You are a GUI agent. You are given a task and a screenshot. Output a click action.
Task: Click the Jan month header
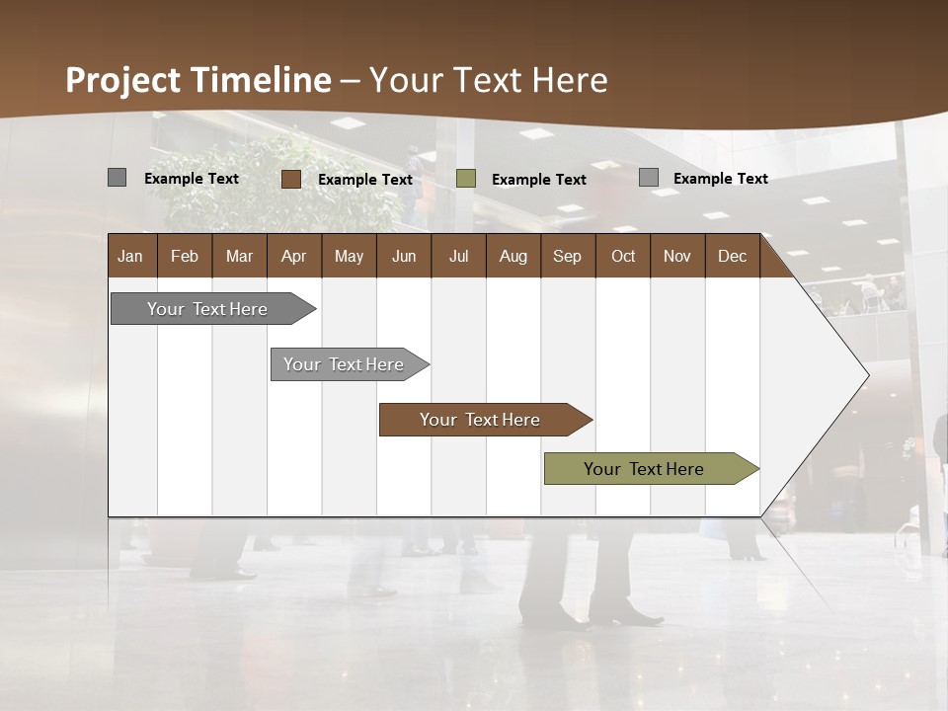(x=131, y=256)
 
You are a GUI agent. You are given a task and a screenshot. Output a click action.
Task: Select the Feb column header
(x=185, y=256)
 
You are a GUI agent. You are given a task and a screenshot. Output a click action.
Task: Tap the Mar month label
(x=239, y=256)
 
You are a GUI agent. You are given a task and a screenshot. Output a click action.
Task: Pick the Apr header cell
(x=294, y=256)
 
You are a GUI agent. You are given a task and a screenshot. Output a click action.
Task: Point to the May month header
(x=349, y=256)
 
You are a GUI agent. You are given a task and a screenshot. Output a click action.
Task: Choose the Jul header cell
(x=458, y=256)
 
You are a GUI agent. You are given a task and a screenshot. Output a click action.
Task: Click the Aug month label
(x=513, y=256)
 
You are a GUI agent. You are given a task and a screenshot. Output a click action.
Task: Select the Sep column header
(x=568, y=256)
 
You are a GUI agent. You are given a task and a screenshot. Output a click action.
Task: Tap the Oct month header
(x=623, y=256)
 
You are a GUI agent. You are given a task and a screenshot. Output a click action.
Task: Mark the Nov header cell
(x=677, y=256)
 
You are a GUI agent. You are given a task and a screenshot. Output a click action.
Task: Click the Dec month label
(x=733, y=256)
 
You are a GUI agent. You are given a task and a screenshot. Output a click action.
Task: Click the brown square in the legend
(x=291, y=179)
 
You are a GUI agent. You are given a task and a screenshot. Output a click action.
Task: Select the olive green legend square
(x=466, y=179)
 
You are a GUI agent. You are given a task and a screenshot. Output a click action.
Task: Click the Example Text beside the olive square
(x=539, y=180)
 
